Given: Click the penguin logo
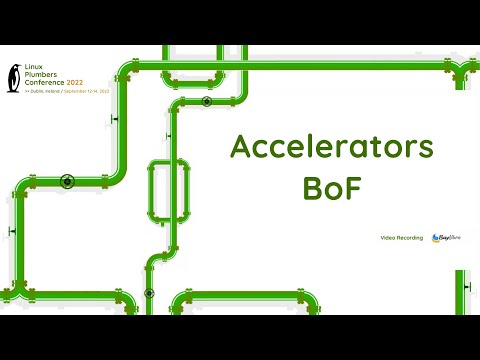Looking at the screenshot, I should [x=13, y=77].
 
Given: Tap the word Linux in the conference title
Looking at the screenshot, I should [x=33, y=67].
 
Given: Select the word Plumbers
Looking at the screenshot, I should [x=40, y=74].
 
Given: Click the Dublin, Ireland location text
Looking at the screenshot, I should [x=42, y=90].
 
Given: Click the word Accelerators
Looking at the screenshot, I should [x=332, y=147].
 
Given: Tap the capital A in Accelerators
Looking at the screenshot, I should [x=240, y=147].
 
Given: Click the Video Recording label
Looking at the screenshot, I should [x=402, y=237].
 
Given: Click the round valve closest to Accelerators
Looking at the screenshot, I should [x=206, y=102].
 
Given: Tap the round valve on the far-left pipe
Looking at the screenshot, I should [x=67, y=181].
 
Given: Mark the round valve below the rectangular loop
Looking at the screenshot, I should [x=149, y=293].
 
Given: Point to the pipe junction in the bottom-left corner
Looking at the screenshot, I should [x=14, y=294].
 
